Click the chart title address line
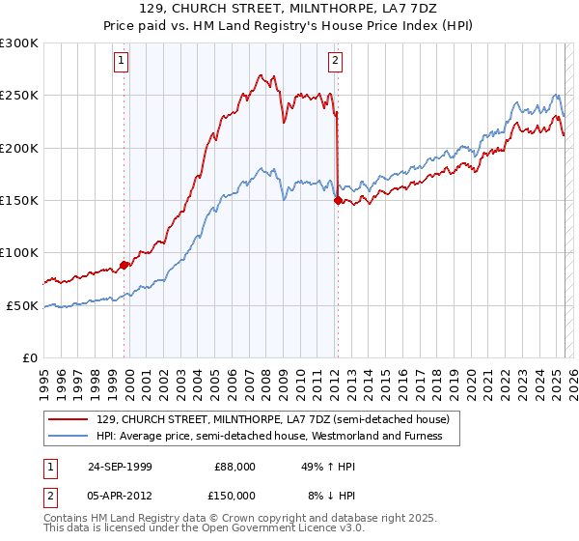[x=289, y=10]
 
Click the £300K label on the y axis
[x=19, y=43]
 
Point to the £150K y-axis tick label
[x=19, y=201]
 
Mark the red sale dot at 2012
[x=338, y=201]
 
